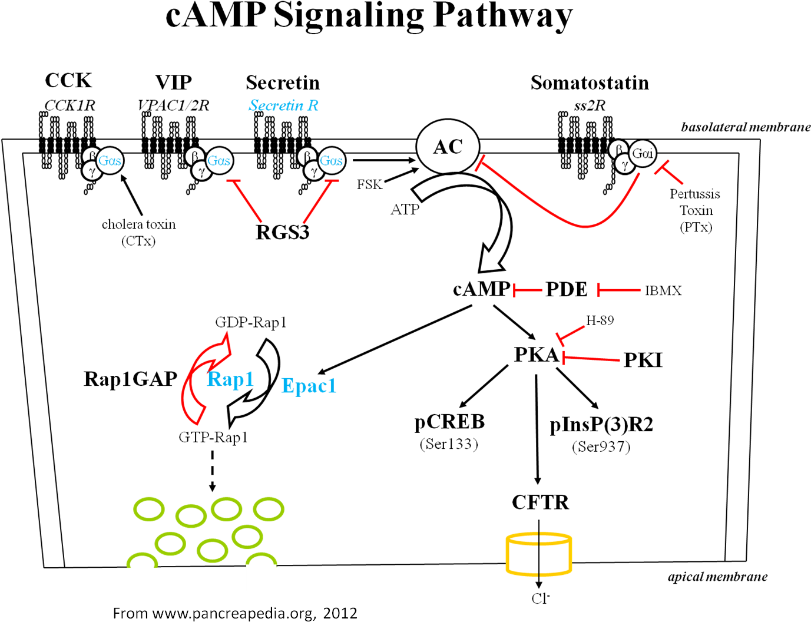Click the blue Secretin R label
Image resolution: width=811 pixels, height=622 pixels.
(x=283, y=105)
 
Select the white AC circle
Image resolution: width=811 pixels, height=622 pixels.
(x=448, y=147)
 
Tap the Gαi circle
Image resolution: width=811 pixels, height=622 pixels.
(x=642, y=154)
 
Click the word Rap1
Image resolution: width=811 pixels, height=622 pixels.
(x=230, y=379)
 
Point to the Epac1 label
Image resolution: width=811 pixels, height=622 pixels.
(x=309, y=386)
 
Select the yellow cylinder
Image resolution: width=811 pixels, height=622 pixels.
(x=538, y=554)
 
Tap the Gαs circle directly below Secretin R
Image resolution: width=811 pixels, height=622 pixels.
(x=331, y=161)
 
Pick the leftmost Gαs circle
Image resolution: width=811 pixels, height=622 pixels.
(x=110, y=161)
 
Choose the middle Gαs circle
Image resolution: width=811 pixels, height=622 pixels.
(x=219, y=161)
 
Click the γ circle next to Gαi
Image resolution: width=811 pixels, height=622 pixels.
(x=625, y=166)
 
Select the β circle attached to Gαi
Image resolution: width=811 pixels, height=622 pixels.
(x=618, y=149)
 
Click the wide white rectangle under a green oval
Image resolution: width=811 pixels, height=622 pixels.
(x=142, y=575)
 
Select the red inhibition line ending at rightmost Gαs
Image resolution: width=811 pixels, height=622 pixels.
(x=317, y=201)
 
